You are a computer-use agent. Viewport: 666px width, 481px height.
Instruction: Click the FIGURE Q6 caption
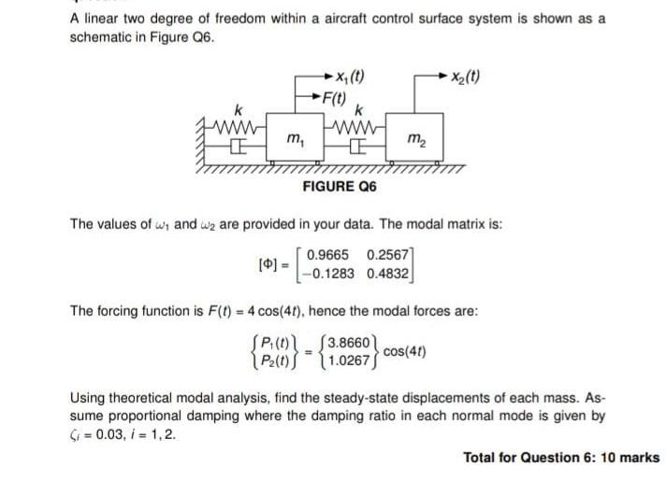tap(340, 188)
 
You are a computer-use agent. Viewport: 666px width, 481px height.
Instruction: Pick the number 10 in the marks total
tap(604, 458)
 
